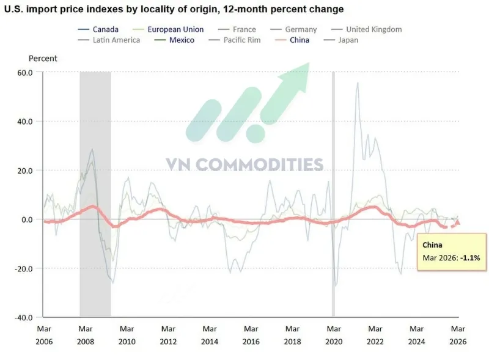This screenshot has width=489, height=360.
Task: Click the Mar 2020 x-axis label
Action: (x=333, y=336)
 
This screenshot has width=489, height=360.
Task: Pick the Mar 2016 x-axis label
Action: (x=251, y=336)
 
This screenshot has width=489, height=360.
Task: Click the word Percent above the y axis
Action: (x=43, y=59)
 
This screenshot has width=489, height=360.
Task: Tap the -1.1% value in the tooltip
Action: (x=468, y=259)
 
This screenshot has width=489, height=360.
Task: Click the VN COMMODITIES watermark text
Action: (x=244, y=164)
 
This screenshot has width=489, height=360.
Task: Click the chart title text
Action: (x=174, y=9)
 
